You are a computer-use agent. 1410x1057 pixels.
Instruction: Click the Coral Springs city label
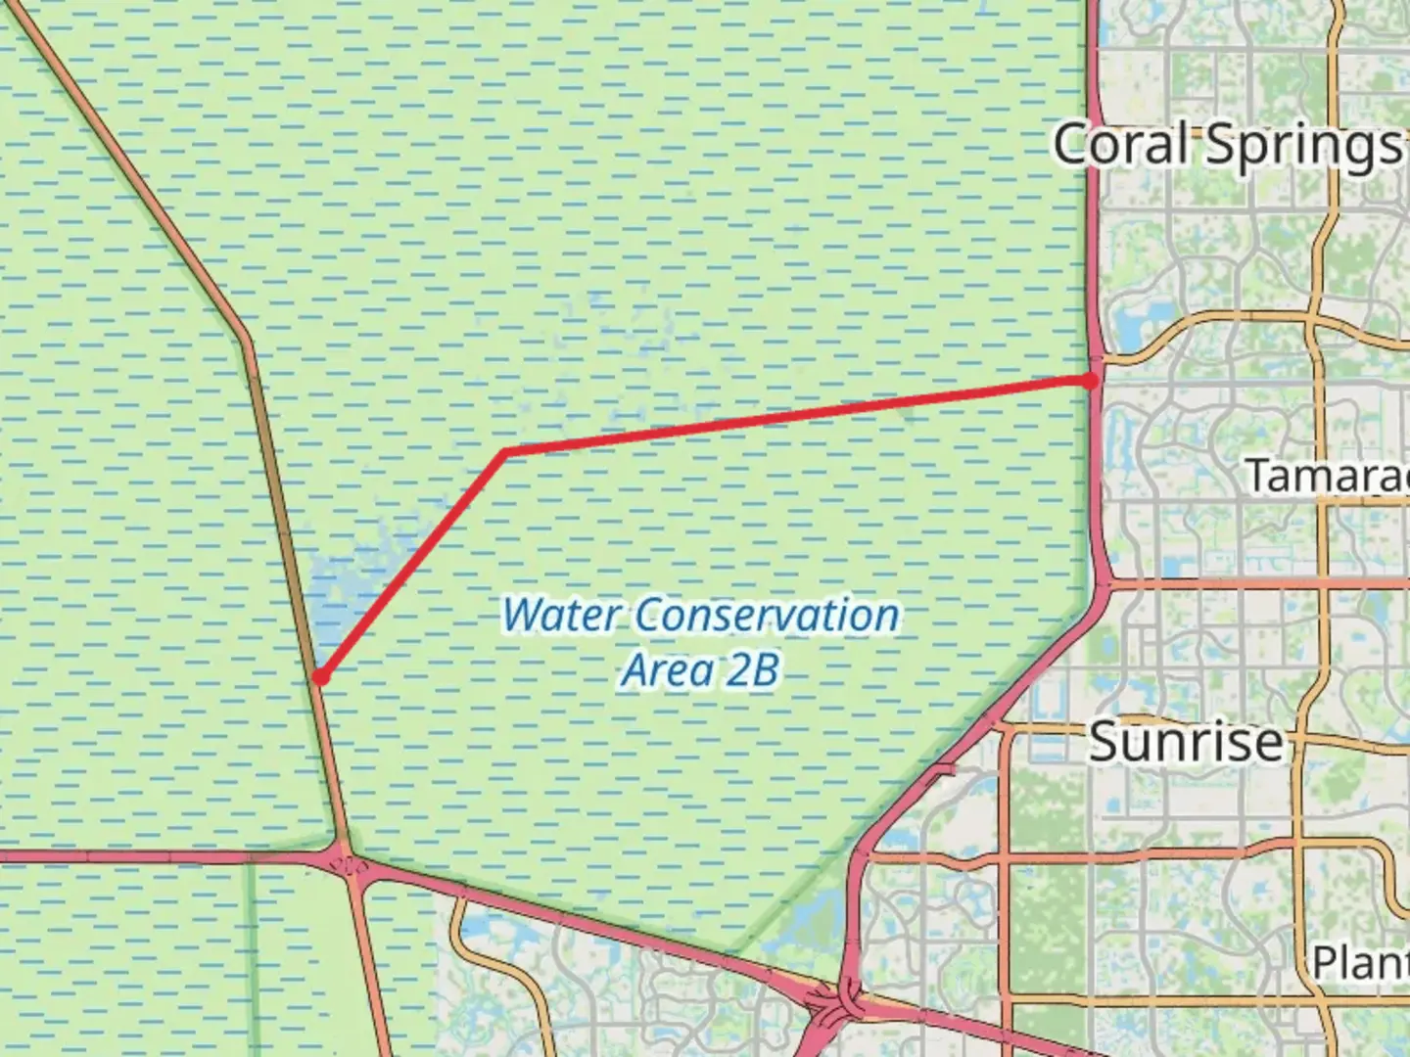1228,145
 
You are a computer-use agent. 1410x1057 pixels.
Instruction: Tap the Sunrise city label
1186,741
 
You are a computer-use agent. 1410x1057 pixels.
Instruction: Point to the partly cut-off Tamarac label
1327,477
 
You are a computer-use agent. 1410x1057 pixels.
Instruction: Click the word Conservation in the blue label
767,616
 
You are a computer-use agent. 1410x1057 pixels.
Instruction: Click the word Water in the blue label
561,616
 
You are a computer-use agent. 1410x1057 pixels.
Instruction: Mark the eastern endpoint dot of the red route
1090,381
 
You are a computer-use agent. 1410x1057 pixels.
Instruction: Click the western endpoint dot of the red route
319,676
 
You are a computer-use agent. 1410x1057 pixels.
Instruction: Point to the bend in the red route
504,451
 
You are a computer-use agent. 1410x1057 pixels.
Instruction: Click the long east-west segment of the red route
793,417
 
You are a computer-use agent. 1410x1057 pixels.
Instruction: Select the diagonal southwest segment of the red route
411,565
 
